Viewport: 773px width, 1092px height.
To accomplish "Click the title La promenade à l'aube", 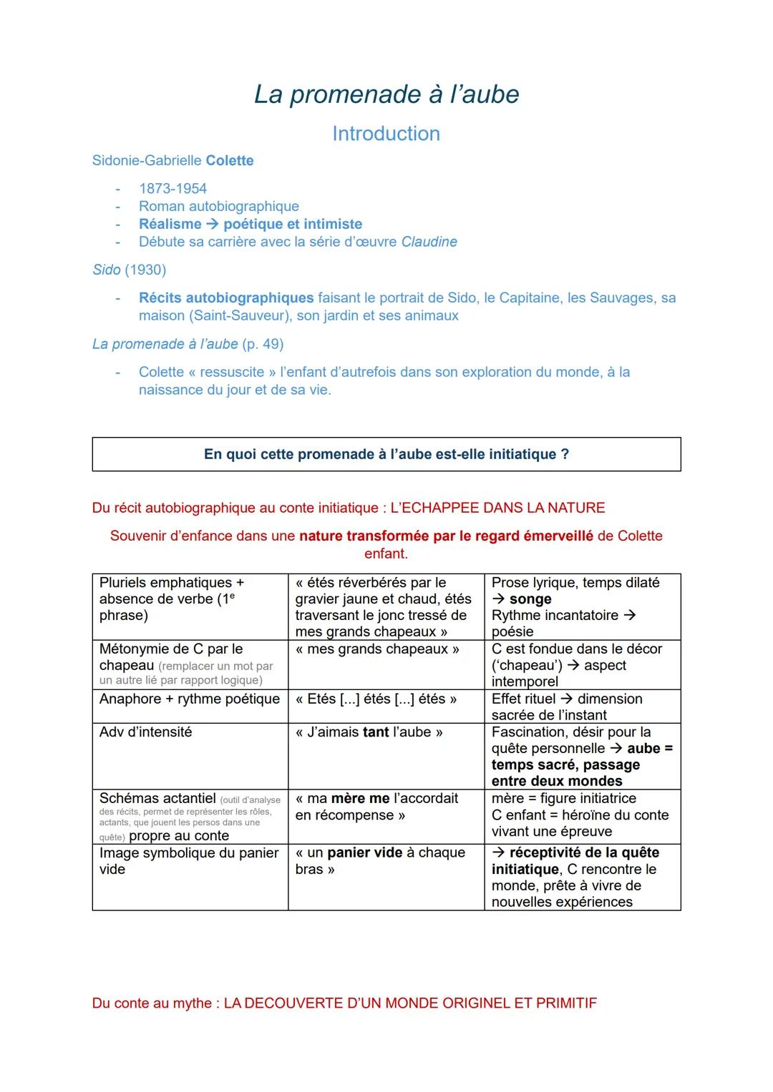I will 386,94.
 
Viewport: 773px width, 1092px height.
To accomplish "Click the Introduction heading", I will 386,134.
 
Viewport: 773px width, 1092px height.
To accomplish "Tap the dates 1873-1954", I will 172,189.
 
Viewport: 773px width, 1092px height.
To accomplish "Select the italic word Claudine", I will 429,242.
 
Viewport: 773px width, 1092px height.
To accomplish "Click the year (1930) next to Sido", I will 145,270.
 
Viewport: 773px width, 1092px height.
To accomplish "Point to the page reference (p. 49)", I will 263,344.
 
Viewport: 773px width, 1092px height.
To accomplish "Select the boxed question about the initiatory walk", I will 386,454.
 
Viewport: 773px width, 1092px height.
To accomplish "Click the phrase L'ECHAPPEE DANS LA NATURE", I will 497,508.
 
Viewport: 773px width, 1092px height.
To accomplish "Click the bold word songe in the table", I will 530,599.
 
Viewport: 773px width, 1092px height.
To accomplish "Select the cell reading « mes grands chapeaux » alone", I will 377,649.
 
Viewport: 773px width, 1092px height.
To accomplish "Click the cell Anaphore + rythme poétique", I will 190,699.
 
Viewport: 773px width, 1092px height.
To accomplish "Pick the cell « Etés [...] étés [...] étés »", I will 376,699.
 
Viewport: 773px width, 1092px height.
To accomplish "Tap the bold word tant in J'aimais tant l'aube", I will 376,732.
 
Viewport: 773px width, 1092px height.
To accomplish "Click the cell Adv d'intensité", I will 146,732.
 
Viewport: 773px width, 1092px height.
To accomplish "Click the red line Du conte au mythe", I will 344,1003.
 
